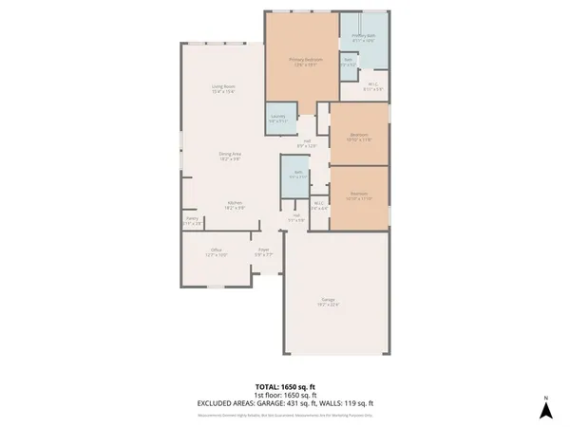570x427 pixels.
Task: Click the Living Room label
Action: [223, 89]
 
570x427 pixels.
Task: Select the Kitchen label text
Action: [235, 204]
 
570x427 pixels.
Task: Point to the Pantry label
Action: [192, 220]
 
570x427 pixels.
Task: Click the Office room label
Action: [217, 251]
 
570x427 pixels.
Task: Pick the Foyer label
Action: [263, 251]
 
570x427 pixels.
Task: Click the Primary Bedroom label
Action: [307, 61]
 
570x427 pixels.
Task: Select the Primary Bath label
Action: [364, 39]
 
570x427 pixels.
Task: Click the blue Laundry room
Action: [278, 119]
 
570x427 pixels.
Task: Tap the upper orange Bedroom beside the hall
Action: [359, 136]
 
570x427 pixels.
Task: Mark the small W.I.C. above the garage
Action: [319, 205]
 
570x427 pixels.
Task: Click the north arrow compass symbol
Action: [545, 408]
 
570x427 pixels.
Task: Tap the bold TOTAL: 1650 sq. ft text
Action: [284, 387]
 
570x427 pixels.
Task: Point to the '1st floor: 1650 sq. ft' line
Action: [284, 396]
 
